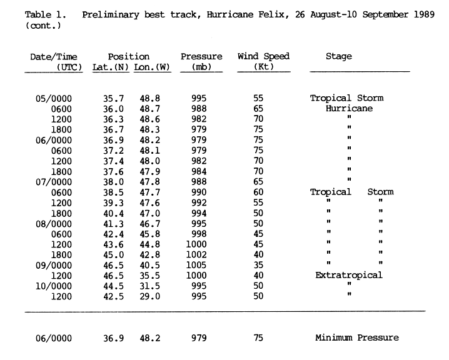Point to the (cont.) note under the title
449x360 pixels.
43,26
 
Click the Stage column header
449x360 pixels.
339,56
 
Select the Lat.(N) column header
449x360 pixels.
111,67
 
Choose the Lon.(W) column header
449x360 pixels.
152,67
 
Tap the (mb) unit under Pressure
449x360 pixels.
201,67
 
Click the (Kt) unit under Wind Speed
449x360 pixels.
264,66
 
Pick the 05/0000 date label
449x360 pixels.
54,99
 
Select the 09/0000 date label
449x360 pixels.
54,265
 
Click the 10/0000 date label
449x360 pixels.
54,286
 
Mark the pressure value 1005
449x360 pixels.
196,265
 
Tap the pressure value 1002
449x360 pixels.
196,254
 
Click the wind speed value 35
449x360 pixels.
258,265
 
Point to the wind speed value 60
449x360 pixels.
258,192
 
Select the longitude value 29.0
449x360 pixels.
149,296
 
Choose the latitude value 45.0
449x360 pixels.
113,255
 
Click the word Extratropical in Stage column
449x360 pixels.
349,275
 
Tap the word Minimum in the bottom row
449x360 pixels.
333,337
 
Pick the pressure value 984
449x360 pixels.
199,171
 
